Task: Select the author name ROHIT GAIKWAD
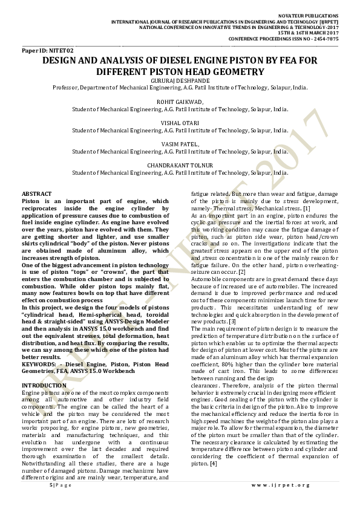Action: pyautogui.click(x=180, y=103)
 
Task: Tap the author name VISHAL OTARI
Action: pyautogui.click(x=180, y=123)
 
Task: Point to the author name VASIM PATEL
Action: pyautogui.click(x=180, y=143)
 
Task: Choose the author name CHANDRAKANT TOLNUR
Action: pyautogui.click(x=180, y=164)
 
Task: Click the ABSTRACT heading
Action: pyautogui.click(x=36, y=192)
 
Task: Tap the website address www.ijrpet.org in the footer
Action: pyautogui.click(x=281, y=485)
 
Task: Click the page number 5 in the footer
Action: pyautogui.click(x=50, y=485)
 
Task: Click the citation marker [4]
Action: pyautogui.click(x=213, y=464)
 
